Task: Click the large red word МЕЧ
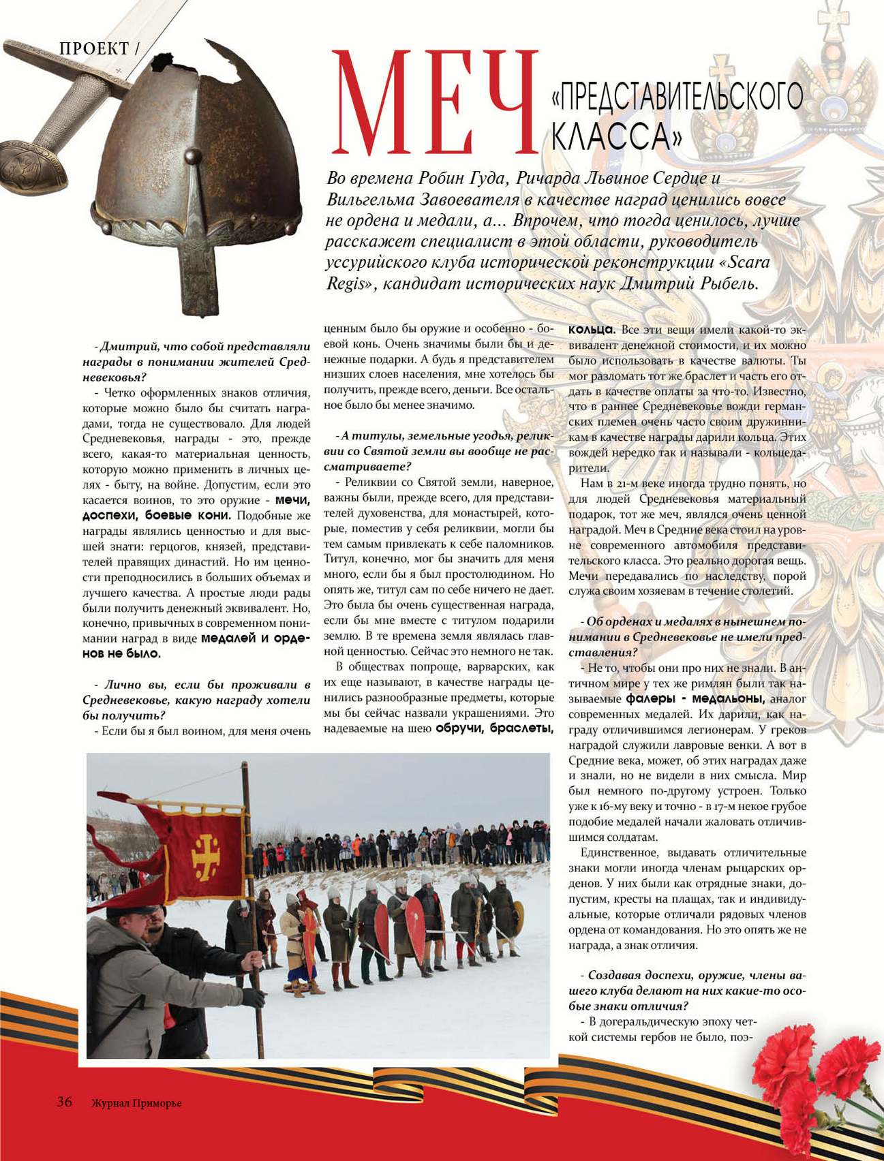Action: click(x=434, y=102)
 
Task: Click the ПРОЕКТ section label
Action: click(x=94, y=48)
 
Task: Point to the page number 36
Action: click(x=65, y=1102)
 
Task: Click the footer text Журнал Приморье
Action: click(x=136, y=1103)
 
